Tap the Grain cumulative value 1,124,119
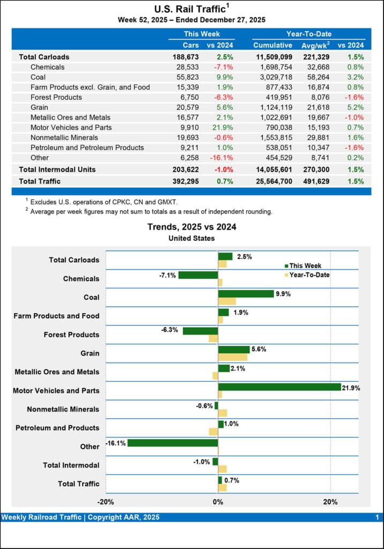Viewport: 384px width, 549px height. (272, 107)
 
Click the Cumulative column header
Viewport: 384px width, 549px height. (272, 46)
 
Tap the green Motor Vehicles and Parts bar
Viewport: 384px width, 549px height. (279, 387)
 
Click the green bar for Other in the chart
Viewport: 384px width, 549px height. (173, 443)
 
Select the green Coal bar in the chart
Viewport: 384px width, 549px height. (246, 294)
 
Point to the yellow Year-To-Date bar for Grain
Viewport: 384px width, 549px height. (233, 357)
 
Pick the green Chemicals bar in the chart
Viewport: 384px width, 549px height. (198, 275)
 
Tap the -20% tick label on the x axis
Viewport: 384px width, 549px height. (106, 502)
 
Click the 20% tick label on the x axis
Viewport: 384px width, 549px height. (330, 502)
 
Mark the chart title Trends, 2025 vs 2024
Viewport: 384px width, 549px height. (191, 227)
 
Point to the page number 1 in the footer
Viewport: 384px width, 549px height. (377, 517)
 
